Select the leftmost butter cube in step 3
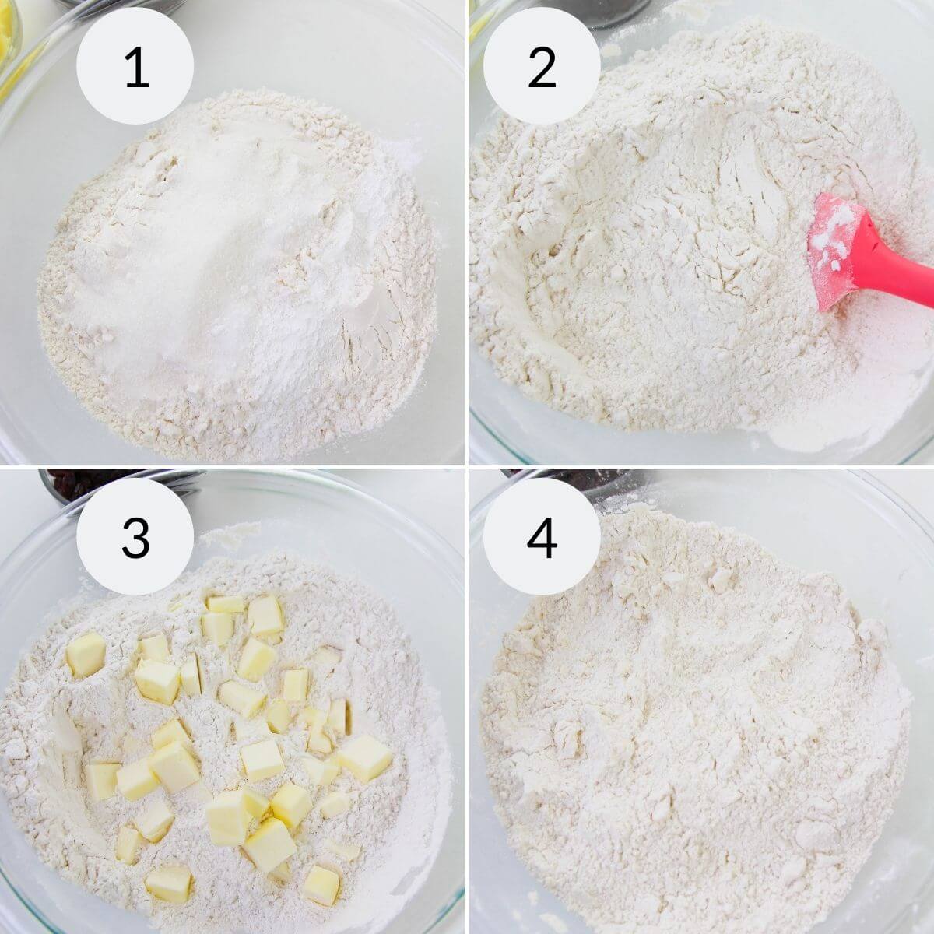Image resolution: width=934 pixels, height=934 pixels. [x=85, y=654]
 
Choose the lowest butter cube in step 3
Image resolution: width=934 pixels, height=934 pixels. [x=321, y=883]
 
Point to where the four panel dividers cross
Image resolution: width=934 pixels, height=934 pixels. [x=467, y=467]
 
